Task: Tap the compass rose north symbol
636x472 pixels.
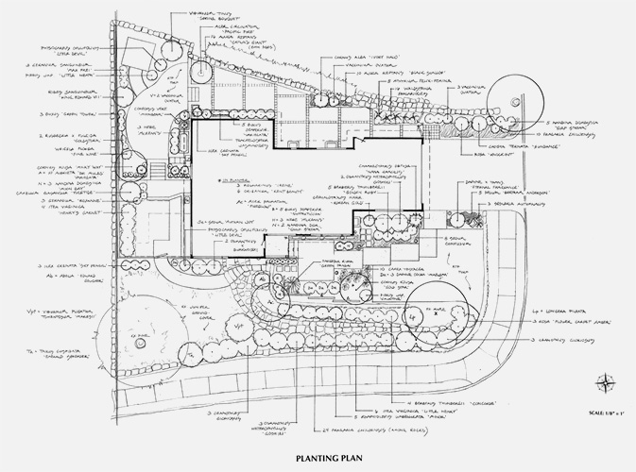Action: [604, 381]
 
